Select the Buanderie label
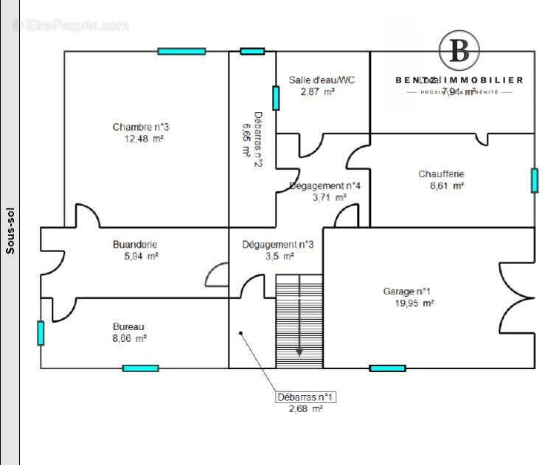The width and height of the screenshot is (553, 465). click(x=135, y=245)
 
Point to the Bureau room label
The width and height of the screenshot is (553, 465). click(x=128, y=326)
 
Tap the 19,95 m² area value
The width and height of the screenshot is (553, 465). click(x=408, y=303)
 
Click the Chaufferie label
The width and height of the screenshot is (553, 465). click(x=441, y=174)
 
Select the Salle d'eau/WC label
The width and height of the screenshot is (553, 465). click(x=321, y=80)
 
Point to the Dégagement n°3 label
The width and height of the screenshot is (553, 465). click(x=278, y=245)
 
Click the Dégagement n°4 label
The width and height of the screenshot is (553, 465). click(x=324, y=186)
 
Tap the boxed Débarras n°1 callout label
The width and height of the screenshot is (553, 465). click(x=306, y=397)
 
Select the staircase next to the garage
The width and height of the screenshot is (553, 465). click(x=299, y=321)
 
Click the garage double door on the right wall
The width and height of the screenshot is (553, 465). click(x=516, y=298)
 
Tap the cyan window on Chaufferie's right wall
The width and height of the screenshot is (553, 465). click(x=534, y=181)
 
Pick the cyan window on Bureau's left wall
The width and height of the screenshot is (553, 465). click(x=41, y=332)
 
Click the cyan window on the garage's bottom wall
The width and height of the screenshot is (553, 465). click(x=387, y=368)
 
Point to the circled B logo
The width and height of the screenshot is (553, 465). click(x=459, y=51)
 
